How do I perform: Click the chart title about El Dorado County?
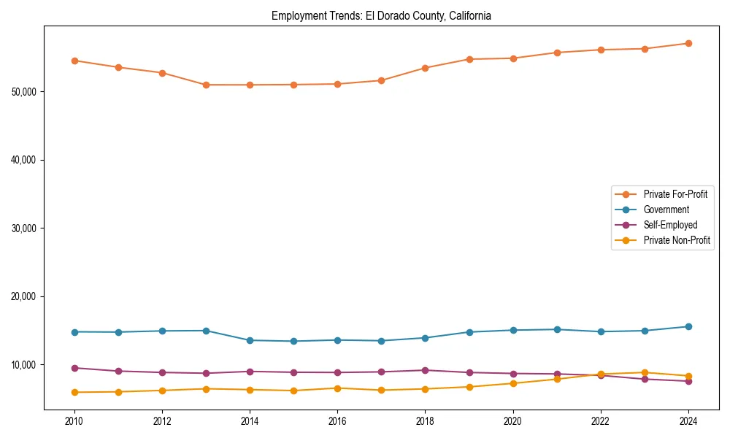pos(381,15)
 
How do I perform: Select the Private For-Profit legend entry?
pos(675,194)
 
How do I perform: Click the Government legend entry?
pos(666,210)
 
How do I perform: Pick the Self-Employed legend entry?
pos(670,225)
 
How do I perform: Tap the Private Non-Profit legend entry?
pos(677,240)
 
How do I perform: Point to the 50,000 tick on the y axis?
pos(26,91)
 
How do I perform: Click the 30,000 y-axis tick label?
pos(26,228)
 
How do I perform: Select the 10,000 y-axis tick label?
pos(26,364)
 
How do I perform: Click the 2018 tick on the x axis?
pos(425,420)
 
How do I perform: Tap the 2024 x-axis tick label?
pos(688,420)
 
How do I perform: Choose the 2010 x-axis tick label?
pos(74,420)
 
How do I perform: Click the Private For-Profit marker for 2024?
pos(688,43)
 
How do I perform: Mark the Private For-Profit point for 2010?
pos(74,61)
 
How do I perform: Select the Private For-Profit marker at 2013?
pos(206,85)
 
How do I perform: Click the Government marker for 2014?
pos(250,340)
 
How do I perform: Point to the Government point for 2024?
pos(688,326)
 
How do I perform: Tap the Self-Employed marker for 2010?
pos(74,368)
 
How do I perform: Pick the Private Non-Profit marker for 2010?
pos(74,392)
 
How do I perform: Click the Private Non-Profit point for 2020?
pos(512,383)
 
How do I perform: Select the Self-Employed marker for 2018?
pos(425,370)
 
